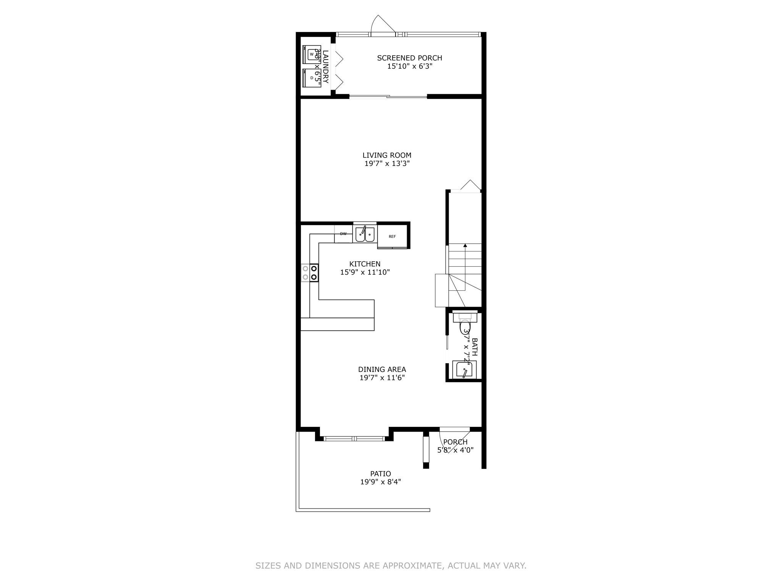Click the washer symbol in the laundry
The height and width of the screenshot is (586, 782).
(311, 54)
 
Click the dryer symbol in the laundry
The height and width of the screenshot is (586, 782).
(311, 78)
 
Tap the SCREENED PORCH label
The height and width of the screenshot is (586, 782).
(409, 58)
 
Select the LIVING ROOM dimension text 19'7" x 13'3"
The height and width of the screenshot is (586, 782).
(387, 164)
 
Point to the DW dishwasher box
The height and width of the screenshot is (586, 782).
(343, 234)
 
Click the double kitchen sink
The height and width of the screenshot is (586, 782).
(365, 234)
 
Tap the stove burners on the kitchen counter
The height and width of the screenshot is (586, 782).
(310, 273)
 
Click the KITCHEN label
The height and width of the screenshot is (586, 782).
(365, 264)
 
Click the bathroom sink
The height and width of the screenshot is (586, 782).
(464, 370)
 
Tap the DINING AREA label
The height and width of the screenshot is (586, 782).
(382, 369)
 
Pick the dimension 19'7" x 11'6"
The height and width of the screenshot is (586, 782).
(382, 378)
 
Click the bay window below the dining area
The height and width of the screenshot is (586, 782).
(354, 438)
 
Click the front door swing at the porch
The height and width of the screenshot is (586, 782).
(456, 439)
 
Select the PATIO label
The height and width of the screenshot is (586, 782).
(380, 474)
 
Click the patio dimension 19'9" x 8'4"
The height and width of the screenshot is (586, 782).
(380, 482)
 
